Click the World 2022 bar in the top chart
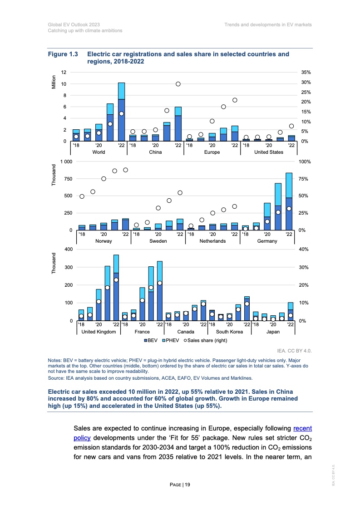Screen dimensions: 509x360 (121, 112)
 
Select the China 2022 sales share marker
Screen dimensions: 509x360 (178, 84)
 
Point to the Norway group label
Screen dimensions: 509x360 (104, 241)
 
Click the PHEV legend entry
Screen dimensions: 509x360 (171, 340)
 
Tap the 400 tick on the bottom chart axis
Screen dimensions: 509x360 (68, 250)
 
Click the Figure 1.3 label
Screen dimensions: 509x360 (64, 54)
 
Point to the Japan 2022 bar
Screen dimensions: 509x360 (291, 311)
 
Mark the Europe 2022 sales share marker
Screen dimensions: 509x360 (235, 100)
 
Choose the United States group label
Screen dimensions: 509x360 (268, 152)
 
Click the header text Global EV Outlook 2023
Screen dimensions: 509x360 (74, 24)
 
